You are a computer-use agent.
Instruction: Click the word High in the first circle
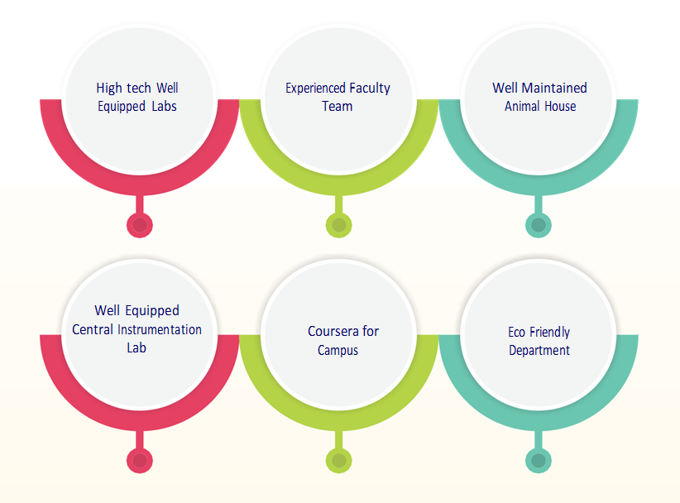(x=108, y=88)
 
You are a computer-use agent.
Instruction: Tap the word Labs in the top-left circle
(x=164, y=106)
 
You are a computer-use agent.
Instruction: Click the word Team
(x=338, y=106)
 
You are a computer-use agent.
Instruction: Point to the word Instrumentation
(x=158, y=329)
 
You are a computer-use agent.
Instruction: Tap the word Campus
(x=338, y=350)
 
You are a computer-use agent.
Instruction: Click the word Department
(x=539, y=350)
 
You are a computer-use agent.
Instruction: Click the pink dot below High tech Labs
(x=140, y=224)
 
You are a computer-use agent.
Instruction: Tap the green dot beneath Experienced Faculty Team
(x=338, y=224)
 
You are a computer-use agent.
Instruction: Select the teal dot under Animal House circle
(x=539, y=224)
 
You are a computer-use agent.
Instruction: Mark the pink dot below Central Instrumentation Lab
(x=140, y=460)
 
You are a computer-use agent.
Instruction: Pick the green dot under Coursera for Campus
(x=338, y=460)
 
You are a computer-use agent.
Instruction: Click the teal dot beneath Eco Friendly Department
(x=539, y=460)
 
